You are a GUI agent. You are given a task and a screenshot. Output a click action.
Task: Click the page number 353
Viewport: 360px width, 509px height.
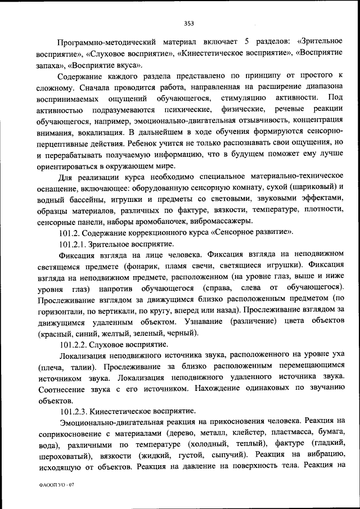pyautogui.click(x=188, y=23)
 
